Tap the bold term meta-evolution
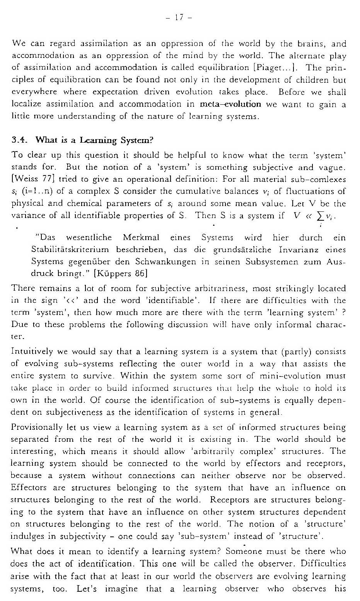point(231,104)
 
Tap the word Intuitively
point(32,352)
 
